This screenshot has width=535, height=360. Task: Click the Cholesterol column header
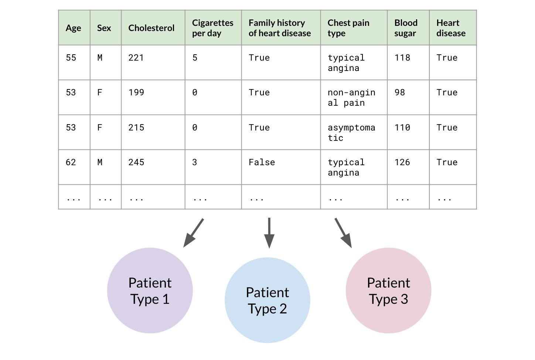(x=151, y=28)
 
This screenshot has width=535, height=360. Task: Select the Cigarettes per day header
(x=212, y=28)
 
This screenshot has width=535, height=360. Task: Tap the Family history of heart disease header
(x=280, y=28)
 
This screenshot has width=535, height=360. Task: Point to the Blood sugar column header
(x=406, y=28)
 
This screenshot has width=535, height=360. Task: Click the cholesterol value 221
(x=136, y=58)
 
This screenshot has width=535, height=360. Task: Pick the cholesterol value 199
(x=136, y=92)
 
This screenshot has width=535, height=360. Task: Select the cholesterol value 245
(x=136, y=162)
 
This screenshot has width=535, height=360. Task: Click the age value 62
(x=71, y=162)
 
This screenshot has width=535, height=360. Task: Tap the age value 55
(x=71, y=58)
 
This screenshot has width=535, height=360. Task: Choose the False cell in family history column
(x=262, y=162)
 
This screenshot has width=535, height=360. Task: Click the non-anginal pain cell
(x=351, y=98)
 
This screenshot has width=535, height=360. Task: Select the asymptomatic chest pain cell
(x=351, y=133)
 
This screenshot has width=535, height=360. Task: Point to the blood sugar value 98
(x=399, y=92)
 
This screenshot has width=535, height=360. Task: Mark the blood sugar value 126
(x=402, y=162)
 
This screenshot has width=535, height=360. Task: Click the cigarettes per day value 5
(x=195, y=58)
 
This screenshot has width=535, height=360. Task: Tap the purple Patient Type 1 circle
(x=150, y=291)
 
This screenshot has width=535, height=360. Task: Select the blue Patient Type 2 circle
(x=267, y=300)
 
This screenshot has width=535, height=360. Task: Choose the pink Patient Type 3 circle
(x=389, y=291)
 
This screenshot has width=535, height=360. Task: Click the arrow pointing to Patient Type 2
(x=269, y=233)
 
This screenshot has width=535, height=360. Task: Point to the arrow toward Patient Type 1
(x=194, y=233)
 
